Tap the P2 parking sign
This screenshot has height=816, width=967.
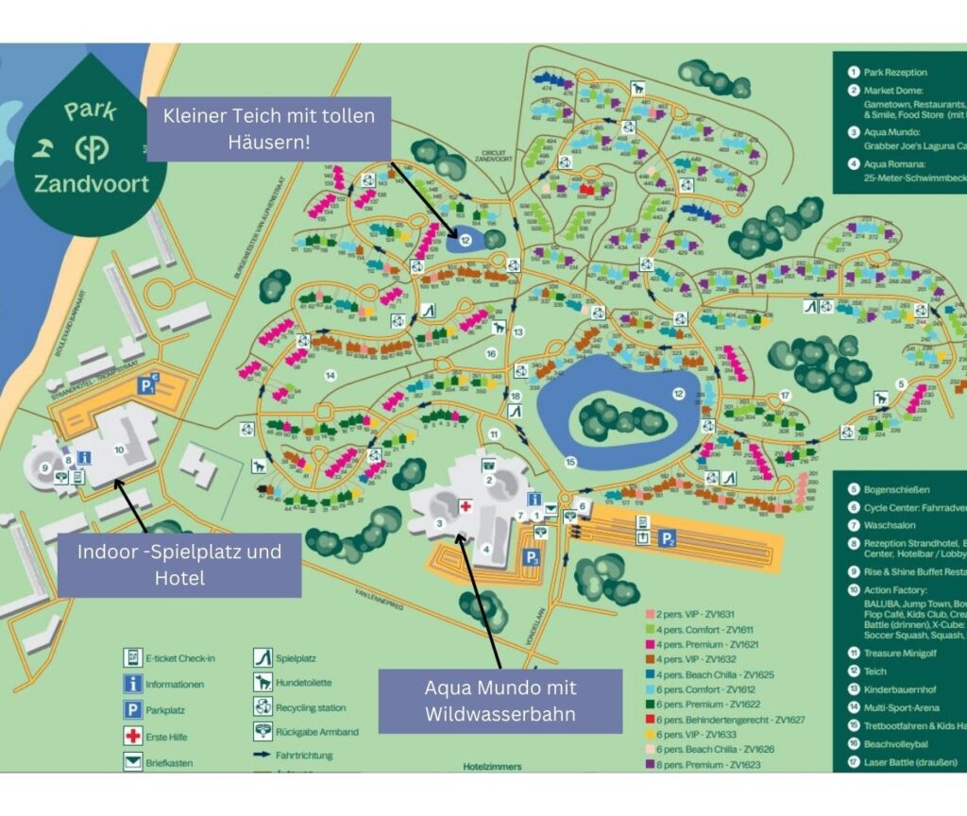[667, 538]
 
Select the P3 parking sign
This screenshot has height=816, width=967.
[533, 558]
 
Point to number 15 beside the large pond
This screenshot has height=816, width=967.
[569, 462]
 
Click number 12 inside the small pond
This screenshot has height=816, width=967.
[466, 241]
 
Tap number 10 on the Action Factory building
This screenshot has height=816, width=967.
[119, 450]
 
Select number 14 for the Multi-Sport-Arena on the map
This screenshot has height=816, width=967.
[331, 375]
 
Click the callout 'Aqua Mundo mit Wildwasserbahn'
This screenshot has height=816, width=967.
[500, 701]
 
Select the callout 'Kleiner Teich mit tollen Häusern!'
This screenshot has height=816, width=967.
[269, 128]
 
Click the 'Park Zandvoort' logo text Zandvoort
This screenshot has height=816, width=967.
[92, 183]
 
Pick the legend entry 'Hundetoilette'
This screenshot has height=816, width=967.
[300, 682]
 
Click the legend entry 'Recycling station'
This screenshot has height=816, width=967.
[310, 707]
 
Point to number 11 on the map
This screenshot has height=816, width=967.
[494, 434]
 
